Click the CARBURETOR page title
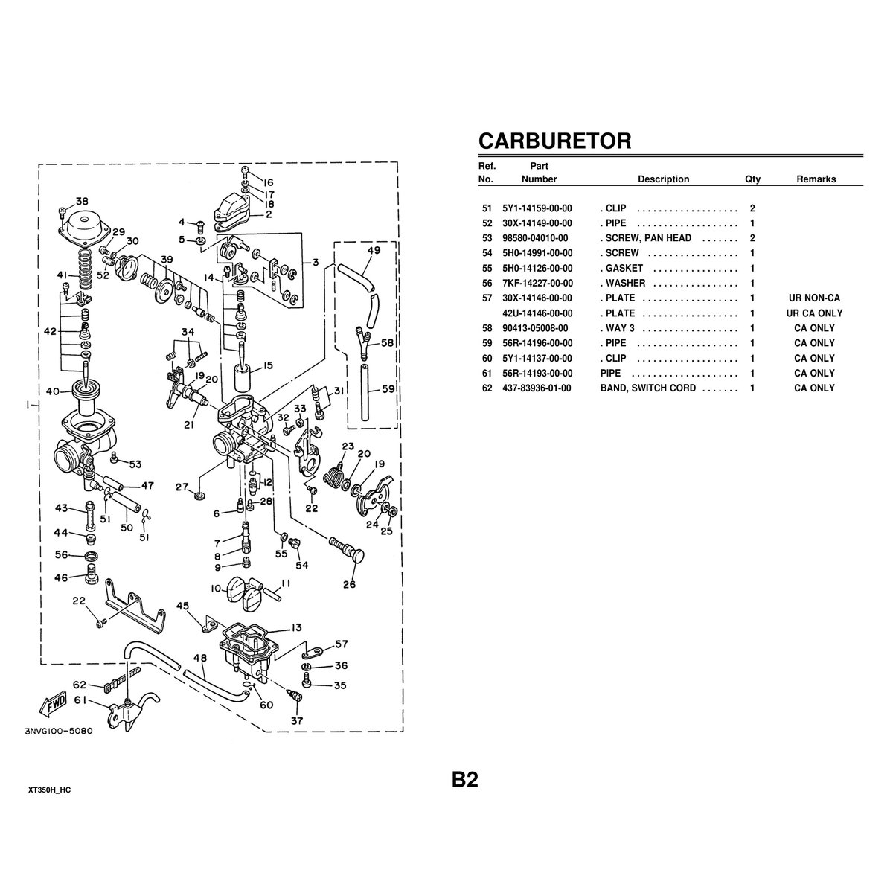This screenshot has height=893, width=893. coord(554,141)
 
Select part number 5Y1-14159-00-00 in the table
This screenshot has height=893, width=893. coord(537,208)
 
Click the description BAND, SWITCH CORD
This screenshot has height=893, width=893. coord(648,388)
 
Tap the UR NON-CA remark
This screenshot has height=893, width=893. coord(814,298)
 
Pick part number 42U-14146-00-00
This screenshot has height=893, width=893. coord(537,313)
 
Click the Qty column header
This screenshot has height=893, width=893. coord(752,179)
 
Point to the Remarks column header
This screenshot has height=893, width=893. coord(816,179)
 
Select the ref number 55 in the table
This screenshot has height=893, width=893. coord(487,268)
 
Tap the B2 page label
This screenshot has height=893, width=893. coord(464,780)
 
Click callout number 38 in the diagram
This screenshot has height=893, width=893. coord(82,201)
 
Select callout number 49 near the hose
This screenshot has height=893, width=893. coord(374,251)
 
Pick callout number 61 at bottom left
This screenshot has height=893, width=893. coord(80,699)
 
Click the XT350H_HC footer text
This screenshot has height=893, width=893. coord(54,788)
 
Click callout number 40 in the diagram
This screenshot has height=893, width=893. coord(53,391)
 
